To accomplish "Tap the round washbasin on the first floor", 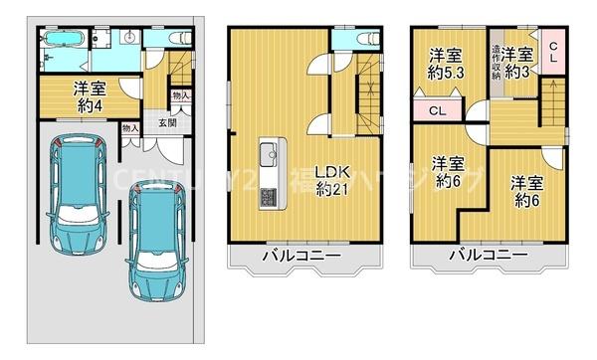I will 130,37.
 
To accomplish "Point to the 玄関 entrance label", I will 166,123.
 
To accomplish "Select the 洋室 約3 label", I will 516,63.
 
